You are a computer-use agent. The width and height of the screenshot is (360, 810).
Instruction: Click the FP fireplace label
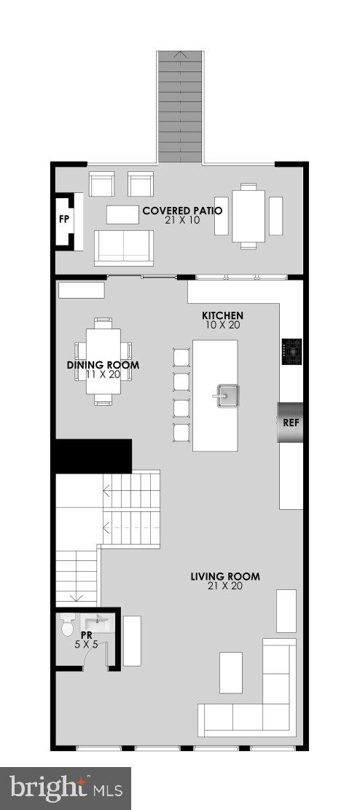coord(63,219)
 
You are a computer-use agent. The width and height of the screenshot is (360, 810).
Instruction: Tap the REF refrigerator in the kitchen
coord(289,422)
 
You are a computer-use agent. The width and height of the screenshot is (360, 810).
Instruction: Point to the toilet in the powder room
coord(68,624)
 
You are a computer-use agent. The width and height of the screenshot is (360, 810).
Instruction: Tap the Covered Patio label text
coord(181,211)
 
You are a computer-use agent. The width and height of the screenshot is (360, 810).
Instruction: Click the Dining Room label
coord(103,365)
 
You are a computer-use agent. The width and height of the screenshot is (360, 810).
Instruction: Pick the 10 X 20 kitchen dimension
coord(222,325)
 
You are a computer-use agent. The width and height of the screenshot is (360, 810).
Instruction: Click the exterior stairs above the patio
coord(180,106)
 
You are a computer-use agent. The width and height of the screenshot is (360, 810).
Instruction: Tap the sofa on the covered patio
coord(124,247)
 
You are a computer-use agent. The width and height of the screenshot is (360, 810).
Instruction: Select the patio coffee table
coord(122,214)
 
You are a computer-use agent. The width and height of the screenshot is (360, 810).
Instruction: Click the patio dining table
coord(248,215)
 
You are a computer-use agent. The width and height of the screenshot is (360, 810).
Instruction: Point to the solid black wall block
coord(93,455)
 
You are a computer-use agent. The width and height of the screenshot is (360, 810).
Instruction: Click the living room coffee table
coord(231,672)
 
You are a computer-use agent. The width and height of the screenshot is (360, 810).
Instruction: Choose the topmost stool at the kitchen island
coord(180,357)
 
